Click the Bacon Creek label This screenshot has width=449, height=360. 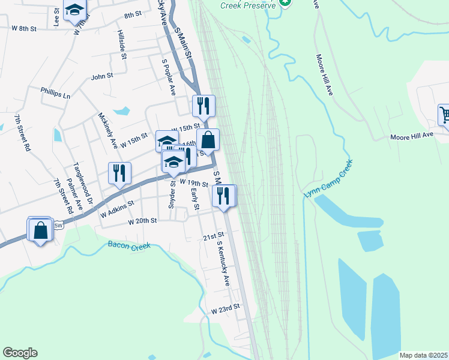click(x=128, y=245)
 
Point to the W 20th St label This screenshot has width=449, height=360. click(x=142, y=221)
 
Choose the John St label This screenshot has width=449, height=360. click(x=101, y=76)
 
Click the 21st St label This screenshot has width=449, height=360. click(x=212, y=236)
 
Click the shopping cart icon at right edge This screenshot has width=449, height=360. click(x=444, y=115)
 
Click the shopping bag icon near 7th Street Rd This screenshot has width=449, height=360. click(x=40, y=230)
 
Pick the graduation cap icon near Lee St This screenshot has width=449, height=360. click(x=74, y=10)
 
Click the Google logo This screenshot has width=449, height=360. click(x=20, y=353)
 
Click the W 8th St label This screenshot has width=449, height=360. click(x=24, y=28)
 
